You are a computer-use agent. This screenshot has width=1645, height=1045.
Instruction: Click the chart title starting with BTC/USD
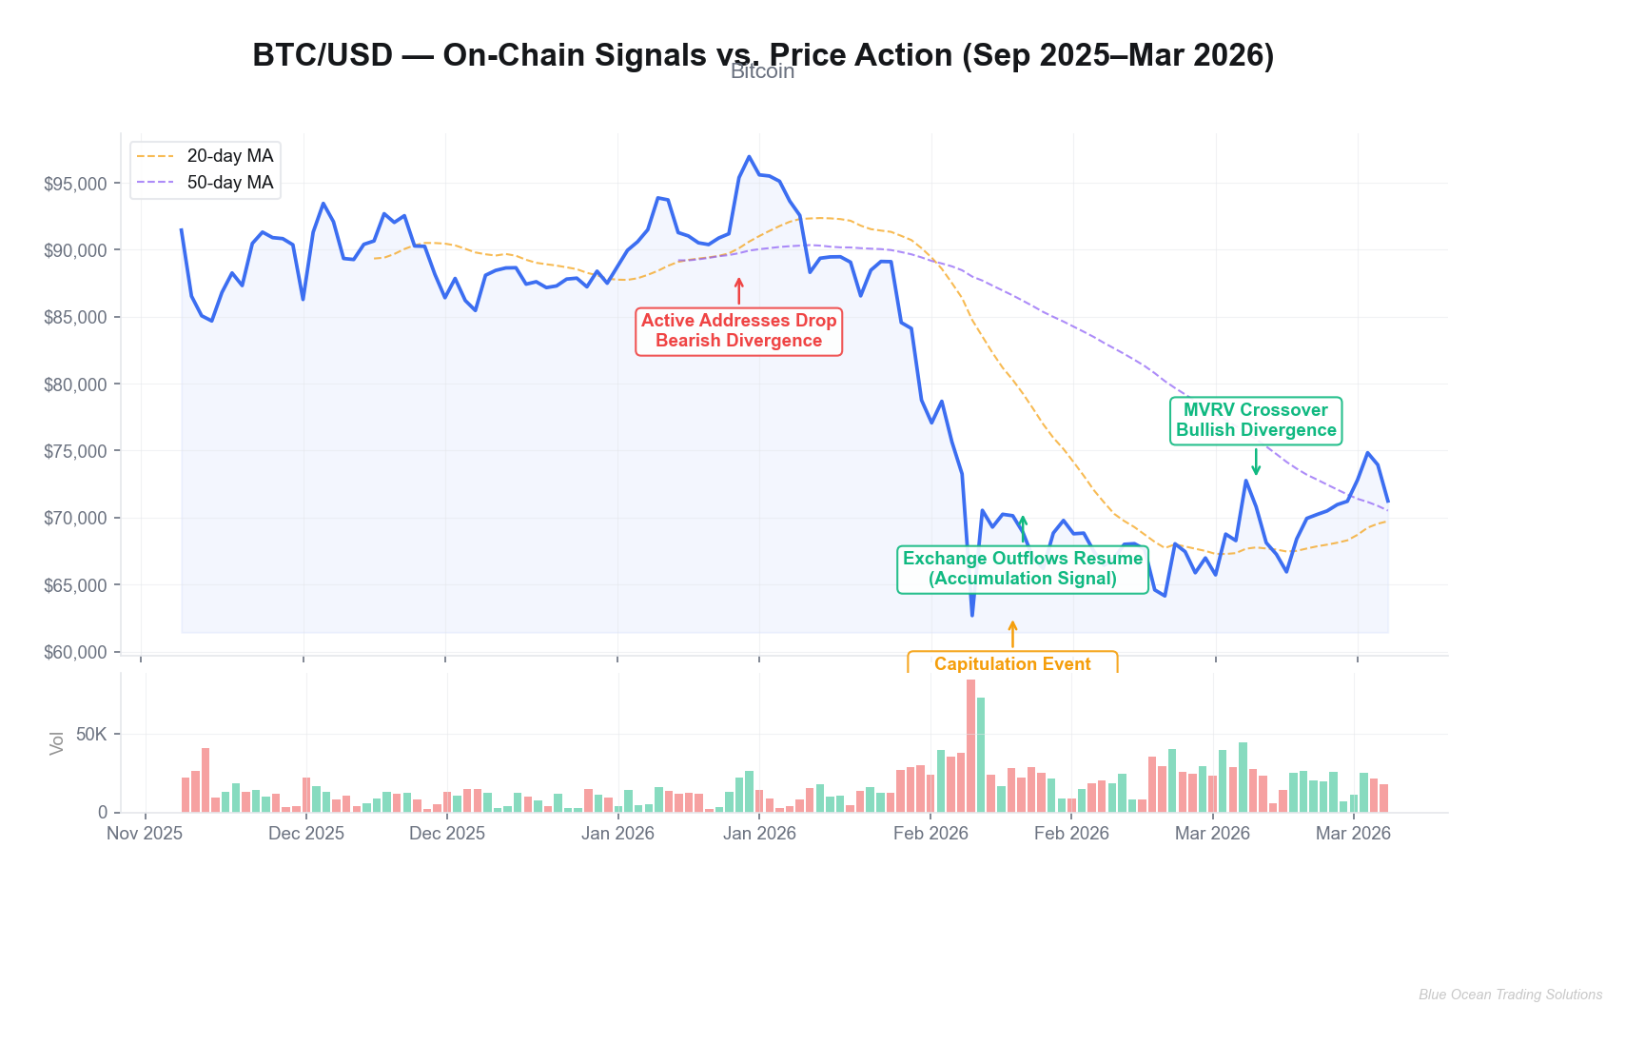click(x=763, y=55)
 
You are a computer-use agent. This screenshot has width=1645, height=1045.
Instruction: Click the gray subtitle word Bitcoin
click(x=762, y=72)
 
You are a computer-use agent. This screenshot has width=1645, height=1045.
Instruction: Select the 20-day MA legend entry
click(x=229, y=156)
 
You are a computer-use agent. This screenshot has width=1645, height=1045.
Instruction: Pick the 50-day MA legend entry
click(x=229, y=183)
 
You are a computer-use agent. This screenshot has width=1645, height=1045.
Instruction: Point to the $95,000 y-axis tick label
click(x=75, y=184)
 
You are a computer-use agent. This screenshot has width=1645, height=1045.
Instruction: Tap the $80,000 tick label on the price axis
click(x=75, y=384)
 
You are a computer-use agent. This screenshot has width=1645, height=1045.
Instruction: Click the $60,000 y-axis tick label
click(x=75, y=653)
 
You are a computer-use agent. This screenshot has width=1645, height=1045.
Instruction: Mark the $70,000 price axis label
click(x=75, y=519)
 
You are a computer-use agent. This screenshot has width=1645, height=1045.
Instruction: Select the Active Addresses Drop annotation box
click(x=738, y=331)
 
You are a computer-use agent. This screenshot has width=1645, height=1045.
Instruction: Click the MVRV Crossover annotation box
click(x=1255, y=420)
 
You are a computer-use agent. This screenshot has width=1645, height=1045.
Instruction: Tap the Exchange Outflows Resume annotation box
click(x=1023, y=568)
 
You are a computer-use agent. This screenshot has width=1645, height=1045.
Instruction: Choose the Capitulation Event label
click(x=1012, y=663)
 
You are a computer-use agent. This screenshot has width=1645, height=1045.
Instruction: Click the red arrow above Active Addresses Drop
click(x=738, y=290)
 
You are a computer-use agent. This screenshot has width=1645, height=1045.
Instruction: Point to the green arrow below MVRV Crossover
click(x=1256, y=462)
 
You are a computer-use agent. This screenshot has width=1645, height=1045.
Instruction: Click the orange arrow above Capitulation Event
click(x=1012, y=634)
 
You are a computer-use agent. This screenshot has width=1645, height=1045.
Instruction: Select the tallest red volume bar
click(x=970, y=745)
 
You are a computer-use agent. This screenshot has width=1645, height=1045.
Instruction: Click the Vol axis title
click(x=57, y=742)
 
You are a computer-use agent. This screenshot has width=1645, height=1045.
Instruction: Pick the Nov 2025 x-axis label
click(x=145, y=834)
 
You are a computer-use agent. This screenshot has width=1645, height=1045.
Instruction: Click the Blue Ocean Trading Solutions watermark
click(x=1510, y=995)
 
